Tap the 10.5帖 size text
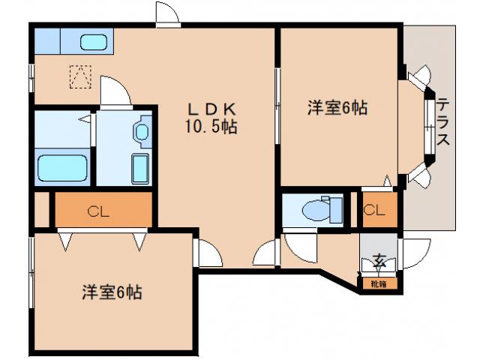pos(211,127)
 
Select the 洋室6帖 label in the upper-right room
pos(337,108)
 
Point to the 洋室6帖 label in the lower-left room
pos(112,292)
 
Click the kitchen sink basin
pos(94,42)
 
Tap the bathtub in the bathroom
pos(62,166)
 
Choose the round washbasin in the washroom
pos(141,132)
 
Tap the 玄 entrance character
pos(379,261)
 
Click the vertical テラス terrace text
pos(442,124)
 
